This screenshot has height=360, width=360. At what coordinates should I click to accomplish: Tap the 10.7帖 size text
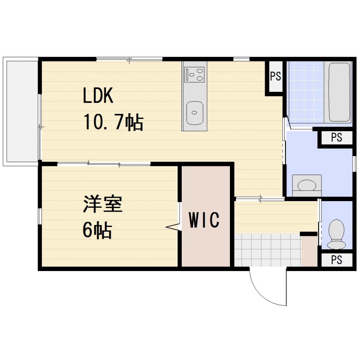(x=113, y=123)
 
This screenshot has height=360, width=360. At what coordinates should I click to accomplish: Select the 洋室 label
(x=103, y=205)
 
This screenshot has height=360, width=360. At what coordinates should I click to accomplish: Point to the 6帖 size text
(x=97, y=231)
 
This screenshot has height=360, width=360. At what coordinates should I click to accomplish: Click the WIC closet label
(x=204, y=220)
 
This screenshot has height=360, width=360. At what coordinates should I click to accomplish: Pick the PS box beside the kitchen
(x=276, y=76)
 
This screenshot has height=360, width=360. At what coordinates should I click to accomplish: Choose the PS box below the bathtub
(x=336, y=137)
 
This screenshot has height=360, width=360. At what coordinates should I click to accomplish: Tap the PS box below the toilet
(x=336, y=259)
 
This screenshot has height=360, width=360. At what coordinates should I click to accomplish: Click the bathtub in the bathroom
(x=339, y=92)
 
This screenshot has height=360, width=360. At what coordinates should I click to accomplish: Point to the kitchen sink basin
(x=194, y=113)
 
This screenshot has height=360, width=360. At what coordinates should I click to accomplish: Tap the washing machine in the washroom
(x=307, y=185)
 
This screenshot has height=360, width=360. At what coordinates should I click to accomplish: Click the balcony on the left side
(x=21, y=111)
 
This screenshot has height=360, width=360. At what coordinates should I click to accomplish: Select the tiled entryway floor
(x=267, y=250)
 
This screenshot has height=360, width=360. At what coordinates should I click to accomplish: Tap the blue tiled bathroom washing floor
(x=306, y=93)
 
